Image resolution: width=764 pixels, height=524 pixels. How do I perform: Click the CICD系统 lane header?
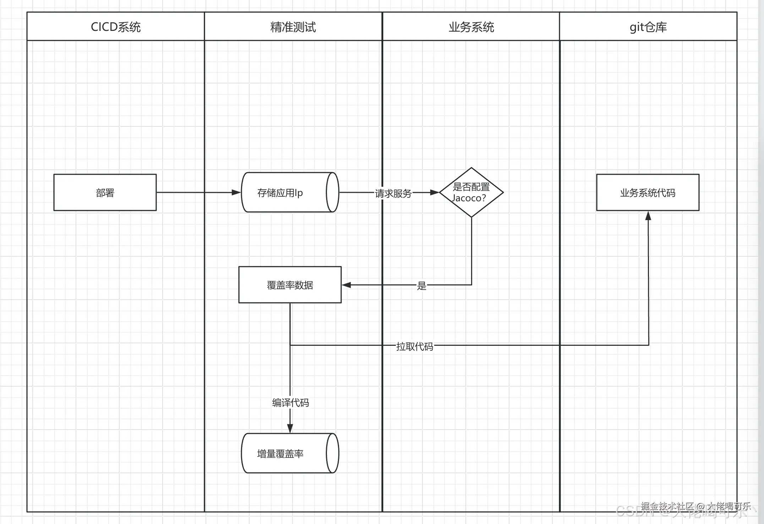(x=116, y=27)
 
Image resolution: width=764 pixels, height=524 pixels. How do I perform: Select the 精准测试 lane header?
(x=293, y=27)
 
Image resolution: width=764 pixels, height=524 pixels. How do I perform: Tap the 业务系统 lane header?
(x=471, y=27)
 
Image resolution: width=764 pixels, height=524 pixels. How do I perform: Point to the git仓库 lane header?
(x=648, y=27)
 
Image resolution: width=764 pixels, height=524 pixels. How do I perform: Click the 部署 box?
(x=105, y=192)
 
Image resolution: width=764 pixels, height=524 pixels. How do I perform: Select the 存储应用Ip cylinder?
(x=284, y=192)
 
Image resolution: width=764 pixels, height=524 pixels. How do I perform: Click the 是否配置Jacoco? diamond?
(x=471, y=192)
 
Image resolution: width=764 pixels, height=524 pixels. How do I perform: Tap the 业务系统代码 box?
(x=648, y=192)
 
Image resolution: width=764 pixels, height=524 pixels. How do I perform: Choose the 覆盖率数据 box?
(x=290, y=285)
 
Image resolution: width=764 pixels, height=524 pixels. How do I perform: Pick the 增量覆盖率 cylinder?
(x=284, y=453)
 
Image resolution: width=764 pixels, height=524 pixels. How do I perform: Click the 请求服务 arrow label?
(x=393, y=193)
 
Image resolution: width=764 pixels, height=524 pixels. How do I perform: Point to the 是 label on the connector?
(x=421, y=285)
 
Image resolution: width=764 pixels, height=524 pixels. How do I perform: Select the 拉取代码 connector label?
(x=415, y=346)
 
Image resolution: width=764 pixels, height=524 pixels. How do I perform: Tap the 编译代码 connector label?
(x=290, y=402)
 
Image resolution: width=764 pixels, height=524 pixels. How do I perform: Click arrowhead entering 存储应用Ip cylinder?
(x=236, y=192)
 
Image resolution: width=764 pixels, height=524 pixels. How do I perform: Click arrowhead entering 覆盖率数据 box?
(x=346, y=285)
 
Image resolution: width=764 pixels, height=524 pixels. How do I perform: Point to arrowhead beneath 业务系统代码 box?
(x=648, y=216)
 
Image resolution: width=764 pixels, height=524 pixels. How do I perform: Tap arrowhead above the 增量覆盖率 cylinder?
(x=290, y=428)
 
